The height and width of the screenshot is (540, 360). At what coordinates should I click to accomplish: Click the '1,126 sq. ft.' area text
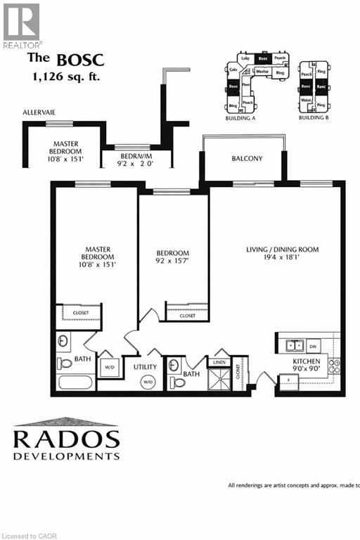[64, 76]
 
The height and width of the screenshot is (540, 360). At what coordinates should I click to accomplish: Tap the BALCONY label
[247, 159]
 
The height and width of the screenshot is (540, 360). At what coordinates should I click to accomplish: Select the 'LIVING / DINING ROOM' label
[283, 250]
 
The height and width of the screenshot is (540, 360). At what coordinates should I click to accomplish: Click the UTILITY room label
[145, 367]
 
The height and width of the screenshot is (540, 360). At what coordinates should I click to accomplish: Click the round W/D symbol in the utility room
[148, 382]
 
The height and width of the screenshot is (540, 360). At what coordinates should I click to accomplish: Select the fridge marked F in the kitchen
[288, 381]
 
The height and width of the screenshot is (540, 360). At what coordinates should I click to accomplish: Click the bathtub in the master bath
[75, 384]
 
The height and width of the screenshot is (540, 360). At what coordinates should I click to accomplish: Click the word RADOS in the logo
[66, 439]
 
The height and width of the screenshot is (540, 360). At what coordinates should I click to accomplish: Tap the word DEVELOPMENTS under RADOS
[66, 456]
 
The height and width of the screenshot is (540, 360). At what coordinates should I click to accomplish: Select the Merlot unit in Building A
[262, 71]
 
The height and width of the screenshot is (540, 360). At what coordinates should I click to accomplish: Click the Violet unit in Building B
[306, 99]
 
